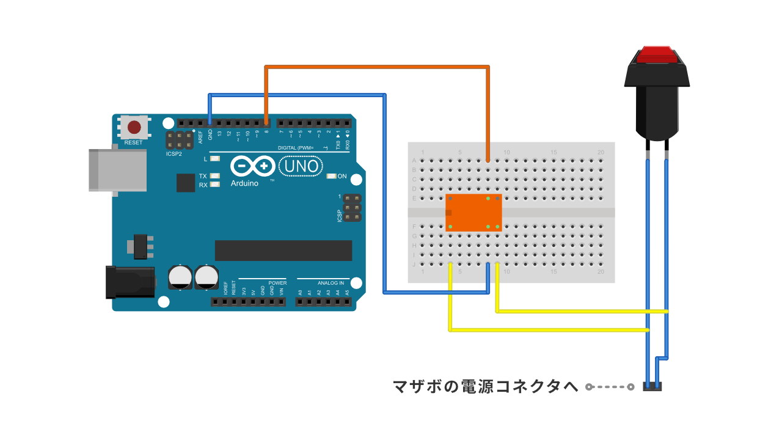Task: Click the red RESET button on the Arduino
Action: (x=134, y=128)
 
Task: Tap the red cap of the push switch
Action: (x=657, y=54)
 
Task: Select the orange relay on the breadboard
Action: (x=474, y=213)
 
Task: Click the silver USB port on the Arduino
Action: (x=117, y=169)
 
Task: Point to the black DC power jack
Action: (x=130, y=282)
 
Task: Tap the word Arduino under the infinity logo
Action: (x=244, y=183)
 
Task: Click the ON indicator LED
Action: (x=332, y=177)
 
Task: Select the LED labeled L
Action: (x=214, y=159)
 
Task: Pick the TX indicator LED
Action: (x=214, y=176)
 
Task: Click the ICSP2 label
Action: (x=174, y=154)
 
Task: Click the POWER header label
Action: (x=277, y=283)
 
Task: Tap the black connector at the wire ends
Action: (x=653, y=387)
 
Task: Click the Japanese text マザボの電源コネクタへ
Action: (x=486, y=386)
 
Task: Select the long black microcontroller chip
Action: (x=283, y=251)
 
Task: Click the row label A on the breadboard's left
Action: (x=414, y=161)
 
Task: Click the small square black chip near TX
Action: (x=186, y=183)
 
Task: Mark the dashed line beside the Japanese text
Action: (x=610, y=387)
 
